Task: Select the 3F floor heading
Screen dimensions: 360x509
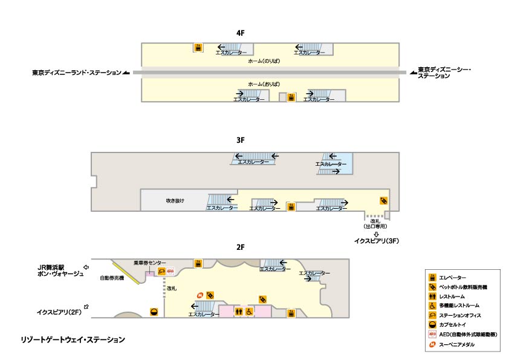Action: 240,140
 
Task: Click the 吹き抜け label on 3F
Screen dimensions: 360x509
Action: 175,200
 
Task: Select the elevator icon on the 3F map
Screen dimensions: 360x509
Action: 291,206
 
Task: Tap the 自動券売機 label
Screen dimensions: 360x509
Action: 112,278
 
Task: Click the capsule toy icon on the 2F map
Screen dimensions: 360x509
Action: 154,312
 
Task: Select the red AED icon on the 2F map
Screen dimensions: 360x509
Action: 170,272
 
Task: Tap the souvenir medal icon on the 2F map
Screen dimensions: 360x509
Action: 199,295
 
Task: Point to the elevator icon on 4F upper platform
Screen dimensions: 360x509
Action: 197,47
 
